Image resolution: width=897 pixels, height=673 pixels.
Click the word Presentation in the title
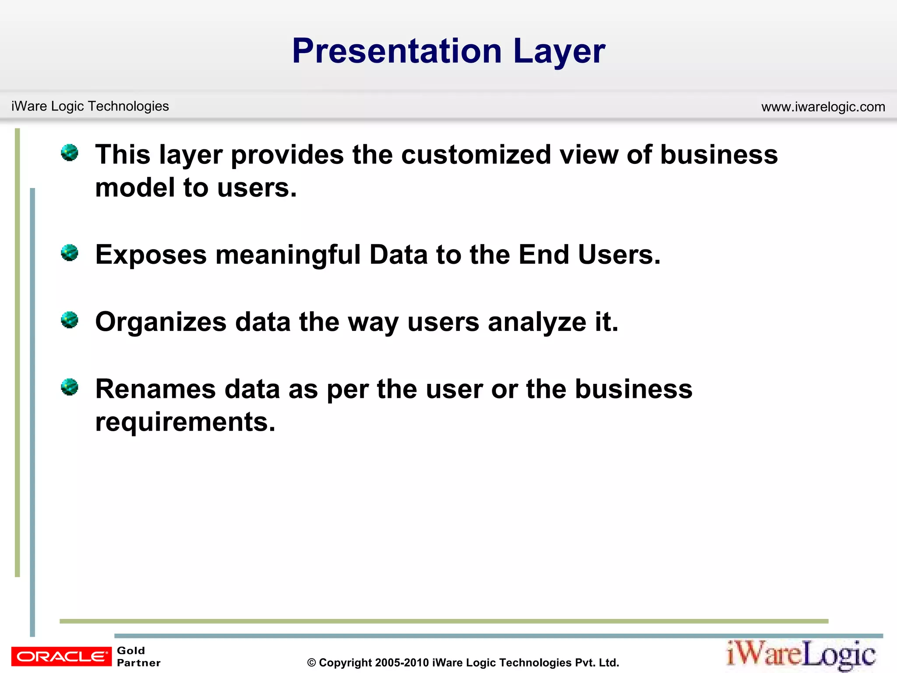[396, 51]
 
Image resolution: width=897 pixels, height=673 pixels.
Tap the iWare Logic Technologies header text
[90, 106]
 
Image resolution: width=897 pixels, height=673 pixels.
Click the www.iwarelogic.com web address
[823, 106]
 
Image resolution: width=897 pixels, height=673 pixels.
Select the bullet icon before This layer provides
[70, 153]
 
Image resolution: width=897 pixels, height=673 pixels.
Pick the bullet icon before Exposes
[70, 253]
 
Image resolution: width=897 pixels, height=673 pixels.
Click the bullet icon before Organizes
[70, 320]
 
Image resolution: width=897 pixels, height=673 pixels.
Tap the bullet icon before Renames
[70, 387]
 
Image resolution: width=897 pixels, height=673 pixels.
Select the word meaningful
[288, 255]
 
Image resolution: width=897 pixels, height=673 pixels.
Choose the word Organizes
[161, 322]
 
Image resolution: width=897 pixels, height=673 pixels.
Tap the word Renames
[155, 389]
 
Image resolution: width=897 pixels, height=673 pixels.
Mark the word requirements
[185, 422]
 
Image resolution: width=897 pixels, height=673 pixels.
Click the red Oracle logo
[61, 656]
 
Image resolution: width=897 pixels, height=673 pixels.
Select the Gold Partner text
[138, 656]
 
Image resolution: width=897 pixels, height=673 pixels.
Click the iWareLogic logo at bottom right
[801, 655]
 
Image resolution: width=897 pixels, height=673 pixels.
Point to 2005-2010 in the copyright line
[402, 662]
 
